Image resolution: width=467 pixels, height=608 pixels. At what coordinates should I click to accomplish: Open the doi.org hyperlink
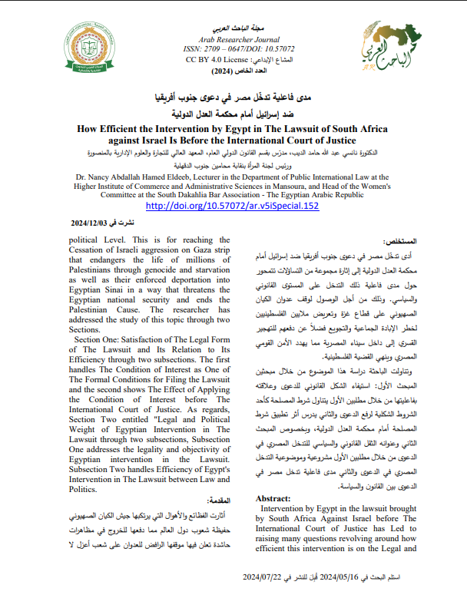pyautogui.click(x=232, y=206)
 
